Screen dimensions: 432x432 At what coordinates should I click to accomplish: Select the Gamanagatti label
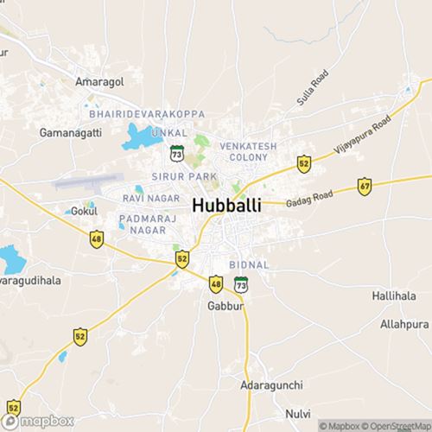70,133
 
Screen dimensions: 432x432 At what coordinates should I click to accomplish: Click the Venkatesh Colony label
248,153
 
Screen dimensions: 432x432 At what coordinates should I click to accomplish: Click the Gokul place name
82,211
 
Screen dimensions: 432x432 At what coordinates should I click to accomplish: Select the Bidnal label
250,264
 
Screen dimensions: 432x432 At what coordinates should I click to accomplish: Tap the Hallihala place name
395,295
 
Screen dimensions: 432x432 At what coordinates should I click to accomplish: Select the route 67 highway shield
365,187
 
